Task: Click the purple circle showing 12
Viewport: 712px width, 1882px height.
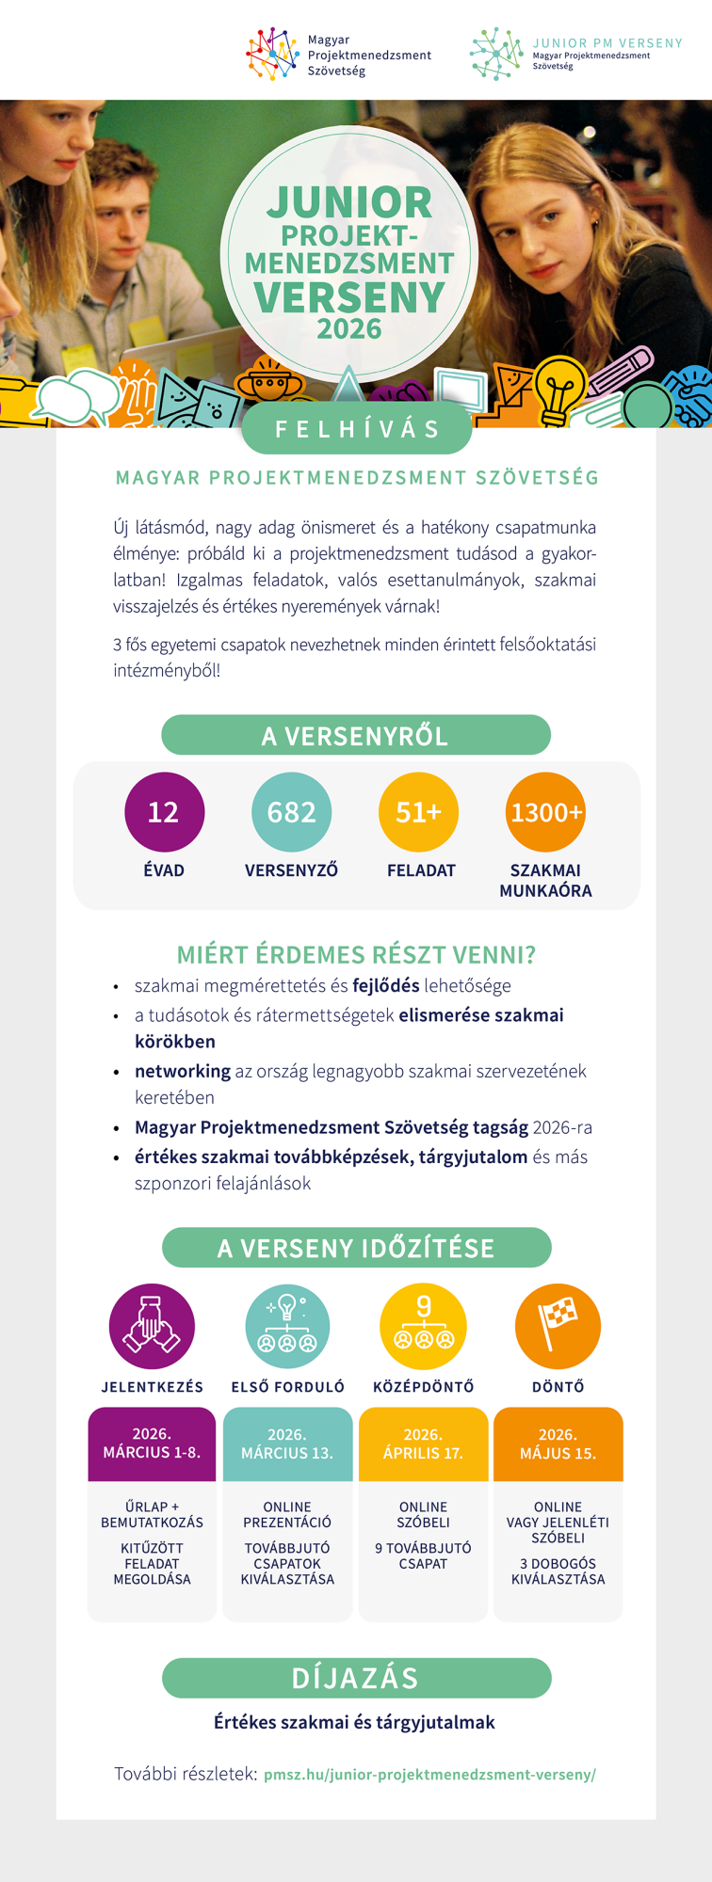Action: pos(164,812)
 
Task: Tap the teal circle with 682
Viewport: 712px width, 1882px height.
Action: pos(292,812)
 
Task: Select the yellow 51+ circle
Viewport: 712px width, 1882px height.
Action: pos(418,812)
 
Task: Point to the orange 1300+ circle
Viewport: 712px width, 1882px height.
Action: pos(546,812)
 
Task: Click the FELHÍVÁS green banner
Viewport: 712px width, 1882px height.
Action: pos(356,429)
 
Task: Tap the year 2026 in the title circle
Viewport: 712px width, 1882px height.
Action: pos(349,329)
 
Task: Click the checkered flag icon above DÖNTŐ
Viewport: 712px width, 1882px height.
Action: pos(558,1326)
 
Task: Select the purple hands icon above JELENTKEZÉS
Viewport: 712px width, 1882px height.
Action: pos(152,1326)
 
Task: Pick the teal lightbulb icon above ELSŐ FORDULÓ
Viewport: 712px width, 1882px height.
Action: pos(287,1326)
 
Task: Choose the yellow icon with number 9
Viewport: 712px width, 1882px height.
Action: pos(423,1326)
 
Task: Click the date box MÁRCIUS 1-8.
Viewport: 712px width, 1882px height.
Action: pos(152,1443)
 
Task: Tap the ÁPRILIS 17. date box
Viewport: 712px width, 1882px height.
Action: pos(423,1443)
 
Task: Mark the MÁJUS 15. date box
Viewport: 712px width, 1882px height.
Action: pos(558,1443)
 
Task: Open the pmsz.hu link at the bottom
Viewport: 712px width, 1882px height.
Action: pos(429,1775)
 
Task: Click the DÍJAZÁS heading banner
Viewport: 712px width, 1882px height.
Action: pos(356,1678)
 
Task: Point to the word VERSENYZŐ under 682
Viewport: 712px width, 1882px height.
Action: pos(291,870)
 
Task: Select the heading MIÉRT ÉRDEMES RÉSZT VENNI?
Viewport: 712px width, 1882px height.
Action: pos(356,955)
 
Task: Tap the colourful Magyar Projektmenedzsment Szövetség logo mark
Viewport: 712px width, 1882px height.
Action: pos(272,54)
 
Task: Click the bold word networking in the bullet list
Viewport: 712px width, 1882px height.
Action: pos(182,1071)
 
